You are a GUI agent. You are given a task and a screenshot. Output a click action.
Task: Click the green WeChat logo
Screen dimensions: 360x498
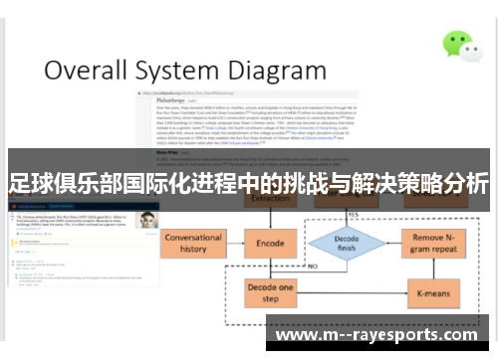pos(459,45)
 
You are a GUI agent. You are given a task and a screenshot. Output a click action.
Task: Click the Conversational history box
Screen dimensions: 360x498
pos(194,243)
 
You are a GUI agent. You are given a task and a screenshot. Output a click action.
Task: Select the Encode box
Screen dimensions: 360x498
pos(271,242)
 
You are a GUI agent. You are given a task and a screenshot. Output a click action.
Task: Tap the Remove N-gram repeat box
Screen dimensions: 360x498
pos(434,243)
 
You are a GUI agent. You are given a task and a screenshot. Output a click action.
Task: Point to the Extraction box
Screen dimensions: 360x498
pos(271,200)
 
